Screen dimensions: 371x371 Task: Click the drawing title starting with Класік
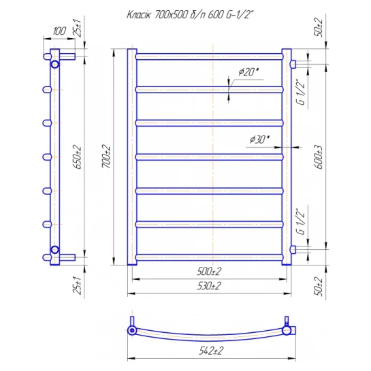click(190, 15)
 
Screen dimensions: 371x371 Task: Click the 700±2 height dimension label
click(106, 157)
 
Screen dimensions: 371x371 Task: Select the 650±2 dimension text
click(78, 157)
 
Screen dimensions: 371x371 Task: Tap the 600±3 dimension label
click(319, 157)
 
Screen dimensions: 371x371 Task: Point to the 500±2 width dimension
click(209, 272)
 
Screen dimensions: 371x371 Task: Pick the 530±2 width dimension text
click(209, 286)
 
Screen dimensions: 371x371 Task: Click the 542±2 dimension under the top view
click(211, 351)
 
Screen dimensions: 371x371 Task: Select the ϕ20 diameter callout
click(248, 71)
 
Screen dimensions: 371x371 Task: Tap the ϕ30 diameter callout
click(260, 140)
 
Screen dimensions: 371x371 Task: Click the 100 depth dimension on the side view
click(59, 31)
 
